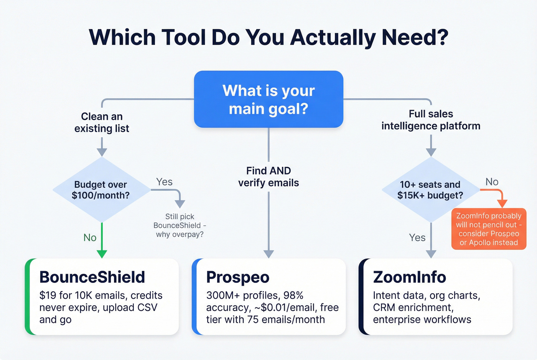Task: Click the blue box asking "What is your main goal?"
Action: click(268, 99)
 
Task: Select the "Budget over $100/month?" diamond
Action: click(101, 190)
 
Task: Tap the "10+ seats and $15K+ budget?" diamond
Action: click(430, 190)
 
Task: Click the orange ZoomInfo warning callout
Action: click(489, 229)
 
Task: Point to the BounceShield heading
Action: click(92, 277)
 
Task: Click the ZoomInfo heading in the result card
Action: click(409, 277)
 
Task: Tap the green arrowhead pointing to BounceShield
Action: click(102, 254)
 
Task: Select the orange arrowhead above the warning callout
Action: click(502, 203)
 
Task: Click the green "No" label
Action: click(90, 238)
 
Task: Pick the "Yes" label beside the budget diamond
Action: click(164, 182)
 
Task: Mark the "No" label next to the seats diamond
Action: click(492, 182)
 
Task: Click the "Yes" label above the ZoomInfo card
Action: click(417, 238)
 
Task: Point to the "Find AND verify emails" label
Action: click(268, 177)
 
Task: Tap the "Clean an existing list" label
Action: click(102, 122)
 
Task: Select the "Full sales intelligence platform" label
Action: click(431, 120)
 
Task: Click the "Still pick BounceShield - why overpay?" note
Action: click(180, 225)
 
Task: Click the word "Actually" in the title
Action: click(333, 38)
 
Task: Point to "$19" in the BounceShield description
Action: click(48, 296)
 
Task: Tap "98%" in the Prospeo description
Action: click(293, 296)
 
